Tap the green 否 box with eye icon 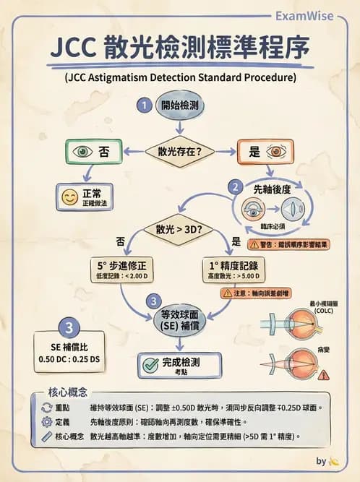pyautogui.click(x=95, y=152)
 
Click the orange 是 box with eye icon pyautogui.click(x=265, y=152)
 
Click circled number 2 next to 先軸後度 pyautogui.click(x=234, y=186)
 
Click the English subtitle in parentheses pyautogui.click(x=180, y=75)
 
